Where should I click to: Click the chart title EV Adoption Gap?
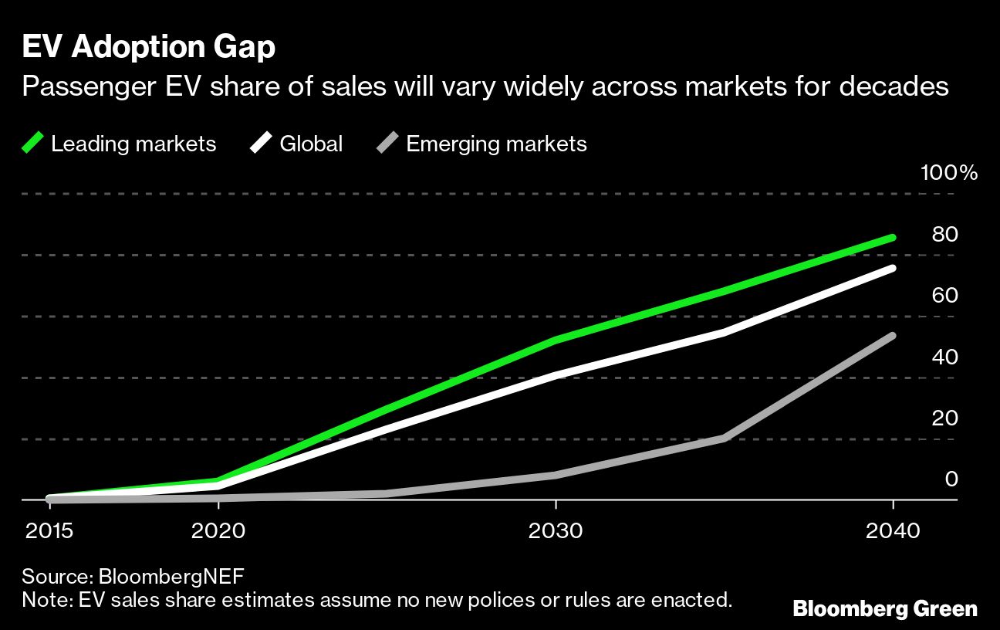coord(148,48)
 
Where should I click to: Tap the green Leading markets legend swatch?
coord(32,144)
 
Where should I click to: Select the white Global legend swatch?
coord(261,144)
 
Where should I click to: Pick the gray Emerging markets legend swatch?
coord(387,144)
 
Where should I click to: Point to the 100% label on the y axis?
coord(948,172)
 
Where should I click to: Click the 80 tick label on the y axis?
coord(944,234)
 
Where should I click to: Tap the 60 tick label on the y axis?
coord(944,295)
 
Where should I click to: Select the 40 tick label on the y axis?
coord(944,357)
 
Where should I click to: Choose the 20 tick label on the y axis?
coord(944,418)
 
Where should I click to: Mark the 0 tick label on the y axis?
coord(951,479)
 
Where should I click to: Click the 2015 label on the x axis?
coord(49,531)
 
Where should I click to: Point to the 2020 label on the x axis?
coord(218,531)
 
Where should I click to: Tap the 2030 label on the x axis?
coord(556,531)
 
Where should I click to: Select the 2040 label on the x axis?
coord(893,531)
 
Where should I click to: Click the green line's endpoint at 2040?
coord(893,237)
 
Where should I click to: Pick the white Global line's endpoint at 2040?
coord(893,268)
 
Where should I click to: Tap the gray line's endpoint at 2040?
coord(893,335)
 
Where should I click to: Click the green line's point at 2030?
coord(556,340)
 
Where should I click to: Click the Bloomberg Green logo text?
coord(885,608)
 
